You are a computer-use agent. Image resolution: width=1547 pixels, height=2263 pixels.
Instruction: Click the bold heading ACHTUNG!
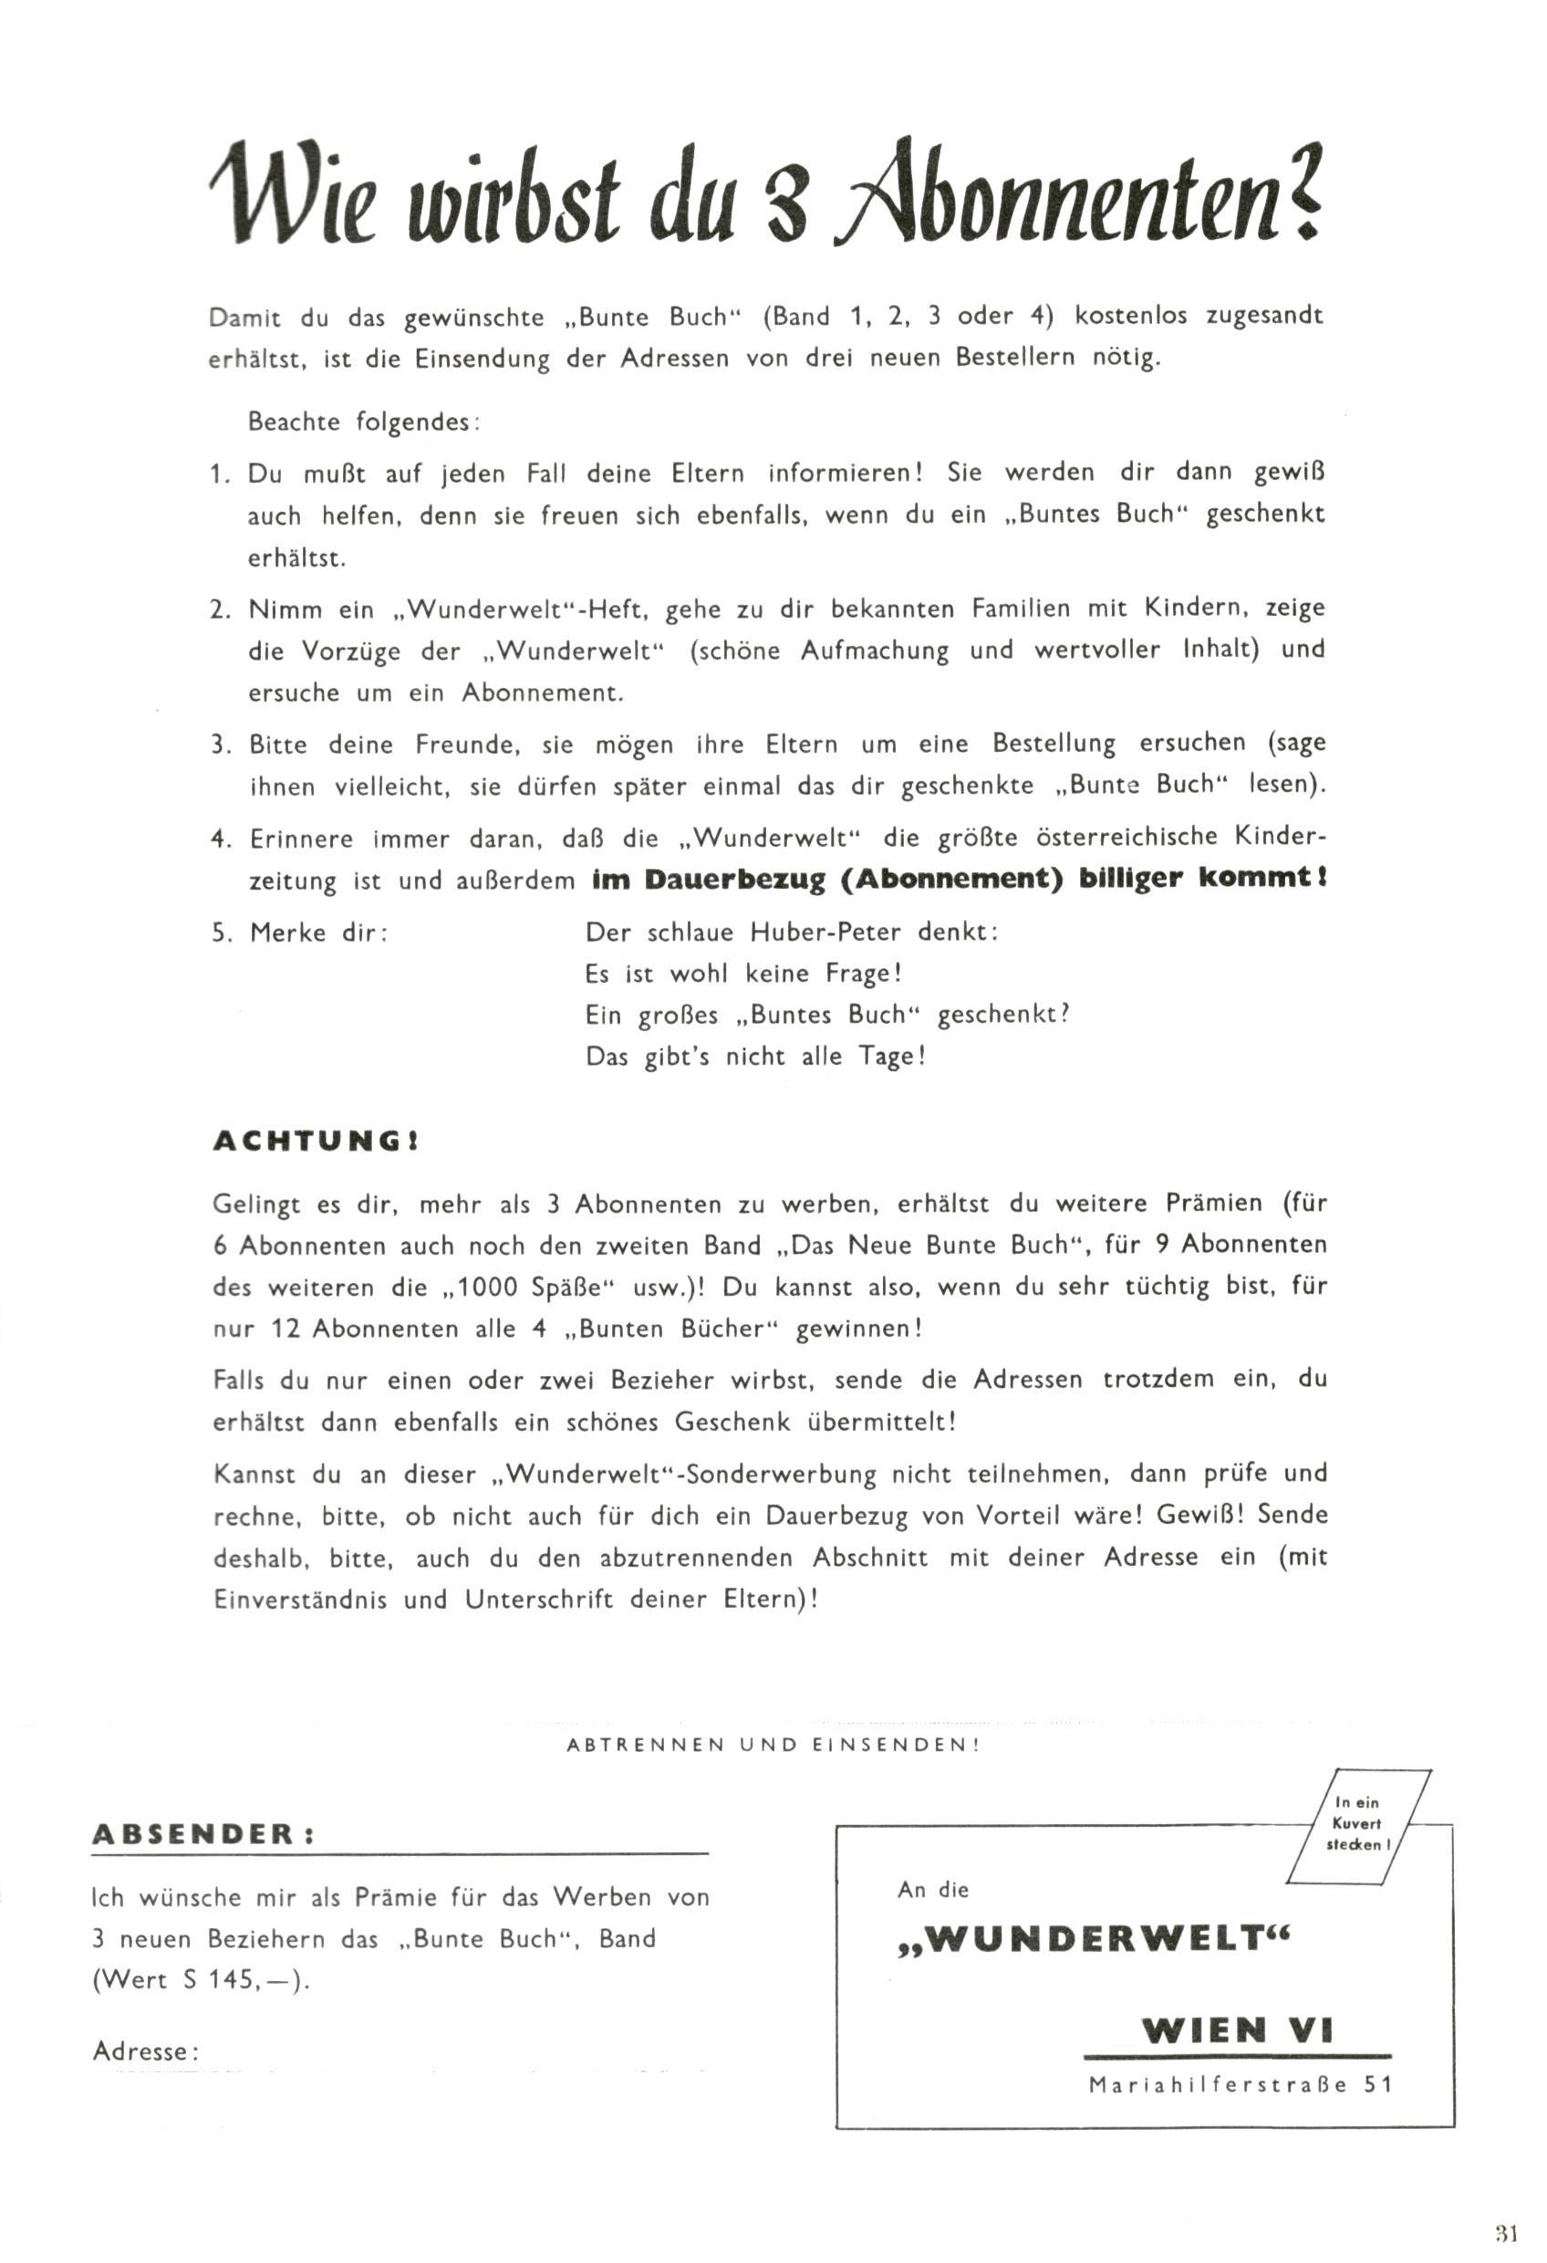pyautogui.click(x=317, y=1142)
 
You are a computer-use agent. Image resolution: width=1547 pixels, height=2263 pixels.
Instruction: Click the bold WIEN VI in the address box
pyautogui.click(x=1237, y=2030)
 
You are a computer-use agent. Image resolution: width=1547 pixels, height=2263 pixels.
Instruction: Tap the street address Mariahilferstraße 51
pyautogui.click(x=1241, y=2085)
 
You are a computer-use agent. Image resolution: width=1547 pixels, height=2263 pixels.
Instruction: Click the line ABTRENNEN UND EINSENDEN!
pyautogui.click(x=773, y=1745)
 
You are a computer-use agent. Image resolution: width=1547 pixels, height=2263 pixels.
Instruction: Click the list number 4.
pyautogui.click(x=218, y=839)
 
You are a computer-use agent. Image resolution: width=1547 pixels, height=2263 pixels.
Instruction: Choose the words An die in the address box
pyautogui.click(x=933, y=1890)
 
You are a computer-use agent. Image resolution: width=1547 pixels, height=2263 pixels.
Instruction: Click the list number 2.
pyautogui.click(x=218, y=610)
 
